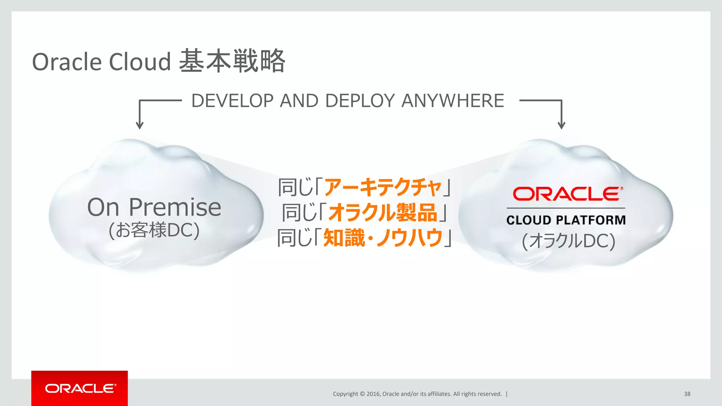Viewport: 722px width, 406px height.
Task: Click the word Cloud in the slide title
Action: (x=140, y=62)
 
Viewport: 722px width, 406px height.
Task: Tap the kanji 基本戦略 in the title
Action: (x=232, y=61)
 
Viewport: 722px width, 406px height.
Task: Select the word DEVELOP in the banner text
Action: (x=232, y=101)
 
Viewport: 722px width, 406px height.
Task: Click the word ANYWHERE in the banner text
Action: (x=453, y=101)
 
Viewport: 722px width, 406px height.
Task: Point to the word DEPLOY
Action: (x=360, y=101)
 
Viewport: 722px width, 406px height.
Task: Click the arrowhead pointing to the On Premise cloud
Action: (x=140, y=125)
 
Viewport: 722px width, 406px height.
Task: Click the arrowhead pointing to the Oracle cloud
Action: (x=561, y=125)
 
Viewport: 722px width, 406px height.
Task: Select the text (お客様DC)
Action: (x=154, y=230)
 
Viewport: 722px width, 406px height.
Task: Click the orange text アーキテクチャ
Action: (x=383, y=187)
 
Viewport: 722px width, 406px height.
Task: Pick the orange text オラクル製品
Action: (x=383, y=213)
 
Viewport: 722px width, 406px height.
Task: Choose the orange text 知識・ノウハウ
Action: (x=383, y=238)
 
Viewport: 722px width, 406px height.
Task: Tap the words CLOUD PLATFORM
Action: (x=566, y=220)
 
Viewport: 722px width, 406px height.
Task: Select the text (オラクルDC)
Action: (x=568, y=241)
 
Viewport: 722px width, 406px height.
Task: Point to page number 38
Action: (x=687, y=394)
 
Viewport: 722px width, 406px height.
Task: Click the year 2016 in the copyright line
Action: (x=373, y=394)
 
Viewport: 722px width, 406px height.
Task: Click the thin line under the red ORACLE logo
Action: (x=566, y=208)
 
